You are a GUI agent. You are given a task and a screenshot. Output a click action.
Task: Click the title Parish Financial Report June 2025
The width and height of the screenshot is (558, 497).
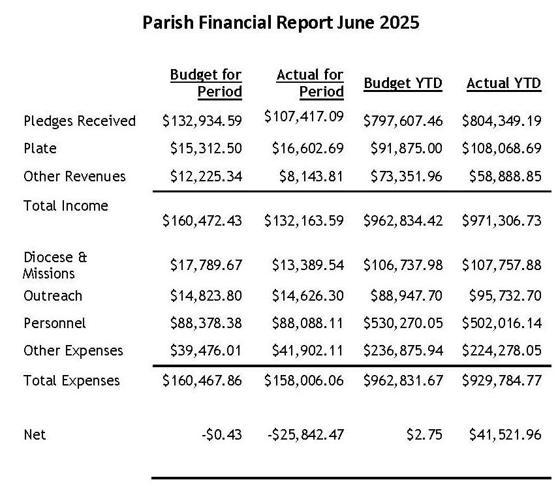coord(281,22)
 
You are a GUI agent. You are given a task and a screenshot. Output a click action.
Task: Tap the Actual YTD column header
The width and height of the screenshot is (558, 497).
coord(504,83)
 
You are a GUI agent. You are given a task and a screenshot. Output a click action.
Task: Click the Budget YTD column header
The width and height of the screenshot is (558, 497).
coord(403,83)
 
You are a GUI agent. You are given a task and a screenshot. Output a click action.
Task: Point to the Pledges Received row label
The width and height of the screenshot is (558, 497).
coord(80,121)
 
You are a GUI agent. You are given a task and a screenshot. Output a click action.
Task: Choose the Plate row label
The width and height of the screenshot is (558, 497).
coord(40,149)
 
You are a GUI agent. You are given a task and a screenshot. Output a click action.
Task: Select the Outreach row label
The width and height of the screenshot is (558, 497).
coord(53,296)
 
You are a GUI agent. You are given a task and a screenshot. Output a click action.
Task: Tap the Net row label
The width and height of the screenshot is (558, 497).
coord(35,434)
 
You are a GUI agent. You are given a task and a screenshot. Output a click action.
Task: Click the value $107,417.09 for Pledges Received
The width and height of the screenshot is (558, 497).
coord(304,117)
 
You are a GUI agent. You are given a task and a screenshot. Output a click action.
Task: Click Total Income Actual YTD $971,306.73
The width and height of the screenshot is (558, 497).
coord(502,221)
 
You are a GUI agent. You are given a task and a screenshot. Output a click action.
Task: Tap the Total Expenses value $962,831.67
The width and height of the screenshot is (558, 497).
coord(403,381)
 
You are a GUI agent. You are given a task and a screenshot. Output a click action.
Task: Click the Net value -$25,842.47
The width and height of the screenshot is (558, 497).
coord(305,434)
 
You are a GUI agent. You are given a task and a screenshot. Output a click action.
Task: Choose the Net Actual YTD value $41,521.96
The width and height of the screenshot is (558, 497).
coord(505,434)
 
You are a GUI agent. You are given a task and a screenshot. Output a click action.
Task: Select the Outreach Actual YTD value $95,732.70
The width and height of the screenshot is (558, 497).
coord(505,296)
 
